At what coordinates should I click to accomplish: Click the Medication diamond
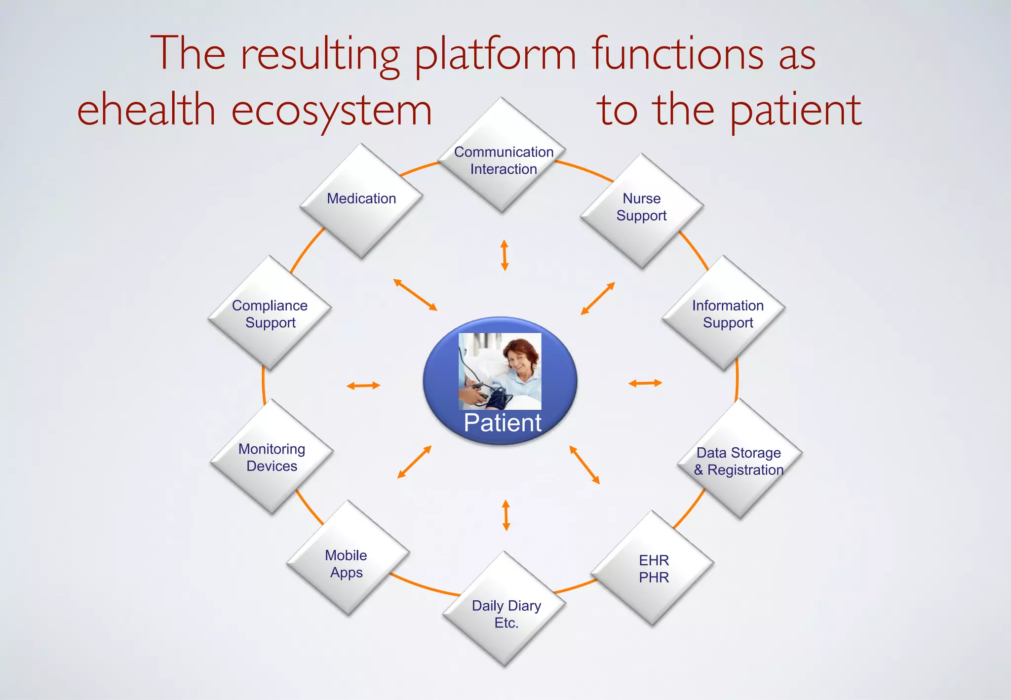click(361, 200)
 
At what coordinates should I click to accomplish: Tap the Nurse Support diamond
click(642, 210)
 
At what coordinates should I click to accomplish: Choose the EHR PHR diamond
click(653, 568)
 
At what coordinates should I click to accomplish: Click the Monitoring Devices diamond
click(272, 457)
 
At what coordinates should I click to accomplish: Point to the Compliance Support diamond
click(270, 313)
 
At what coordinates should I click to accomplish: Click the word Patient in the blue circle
click(502, 423)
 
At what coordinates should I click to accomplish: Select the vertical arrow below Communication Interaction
click(504, 255)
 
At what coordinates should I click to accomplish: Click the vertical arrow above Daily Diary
click(505, 515)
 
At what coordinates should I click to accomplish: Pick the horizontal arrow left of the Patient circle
click(363, 386)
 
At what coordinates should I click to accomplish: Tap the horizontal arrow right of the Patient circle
click(645, 383)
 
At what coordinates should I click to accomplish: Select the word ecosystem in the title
click(331, 111)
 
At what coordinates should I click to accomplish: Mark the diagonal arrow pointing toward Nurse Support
click(598, 298)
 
